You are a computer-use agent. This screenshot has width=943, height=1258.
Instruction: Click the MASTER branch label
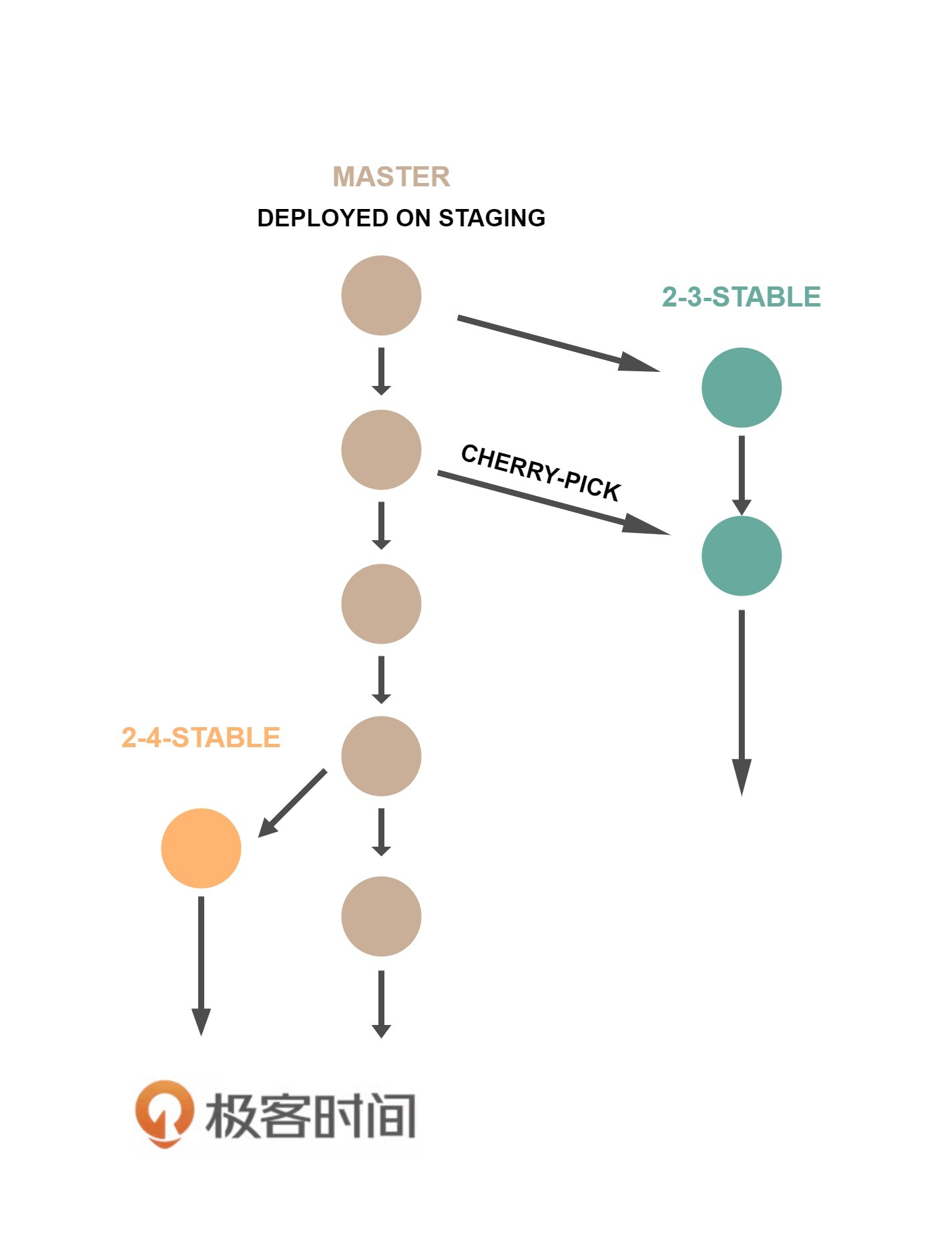click(x=391, y=177)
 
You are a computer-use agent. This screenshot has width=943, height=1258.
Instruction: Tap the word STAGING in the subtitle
click(x=492, y=218)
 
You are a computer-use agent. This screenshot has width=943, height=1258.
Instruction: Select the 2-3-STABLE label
click(x=741, y=297)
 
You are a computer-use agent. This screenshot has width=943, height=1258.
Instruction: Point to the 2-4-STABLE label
click(x=200, y=738)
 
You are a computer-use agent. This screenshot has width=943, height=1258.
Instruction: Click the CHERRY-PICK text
click(x=541, y=472)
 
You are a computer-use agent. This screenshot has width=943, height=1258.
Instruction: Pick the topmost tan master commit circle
click(x=381, y=295)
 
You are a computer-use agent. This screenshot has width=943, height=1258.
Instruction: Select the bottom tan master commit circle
click(x=381, y=916)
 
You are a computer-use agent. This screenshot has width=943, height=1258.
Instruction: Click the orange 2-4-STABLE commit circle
click(x=201, y=848)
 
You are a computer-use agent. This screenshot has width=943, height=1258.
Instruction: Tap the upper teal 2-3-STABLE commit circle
click(x=741, y=387)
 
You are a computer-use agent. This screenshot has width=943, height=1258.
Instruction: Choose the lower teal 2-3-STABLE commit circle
click(x=741, y=556)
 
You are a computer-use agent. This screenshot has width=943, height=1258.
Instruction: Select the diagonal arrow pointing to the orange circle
click(x=292, y=803)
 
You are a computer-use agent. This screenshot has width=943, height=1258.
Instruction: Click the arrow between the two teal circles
click(x=741, y=474)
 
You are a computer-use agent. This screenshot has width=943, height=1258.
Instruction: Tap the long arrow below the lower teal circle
click(x=741, y=701)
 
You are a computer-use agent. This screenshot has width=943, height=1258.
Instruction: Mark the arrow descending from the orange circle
click(x=201, y=965)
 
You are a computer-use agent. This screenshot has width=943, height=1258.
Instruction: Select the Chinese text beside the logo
click(x=310, y=1116)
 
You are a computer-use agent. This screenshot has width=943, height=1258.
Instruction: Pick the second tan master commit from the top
click(x=381, y=449)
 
